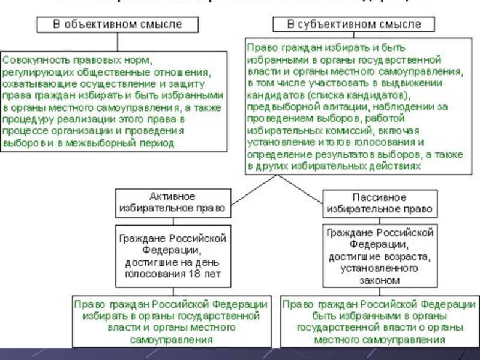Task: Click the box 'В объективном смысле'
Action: point(117,25)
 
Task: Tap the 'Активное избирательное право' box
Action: point(172,203)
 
